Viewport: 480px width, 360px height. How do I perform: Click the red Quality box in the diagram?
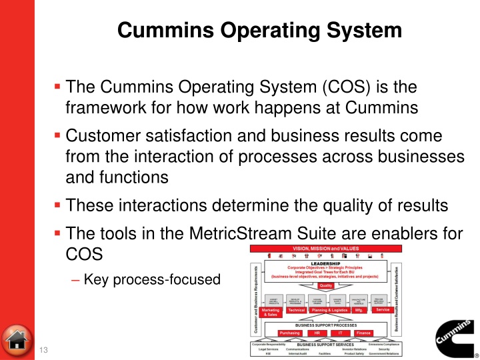tap(326, 285)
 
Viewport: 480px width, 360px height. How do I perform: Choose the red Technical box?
tap(296, 310)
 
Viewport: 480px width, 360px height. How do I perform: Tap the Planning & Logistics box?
tap(330, 310)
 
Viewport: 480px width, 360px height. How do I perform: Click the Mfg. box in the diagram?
tap(357, 310)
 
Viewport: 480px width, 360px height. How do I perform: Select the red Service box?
tap(383, 309)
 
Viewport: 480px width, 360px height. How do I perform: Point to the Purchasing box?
tap(289, 332)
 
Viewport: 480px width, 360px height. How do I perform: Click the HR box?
tap(316, 332)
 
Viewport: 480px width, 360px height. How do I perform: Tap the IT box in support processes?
tap(340, 332)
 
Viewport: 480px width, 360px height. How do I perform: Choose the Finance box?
tap(363, 332)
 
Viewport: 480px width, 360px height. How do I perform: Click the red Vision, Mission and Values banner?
tap(325, 248)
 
